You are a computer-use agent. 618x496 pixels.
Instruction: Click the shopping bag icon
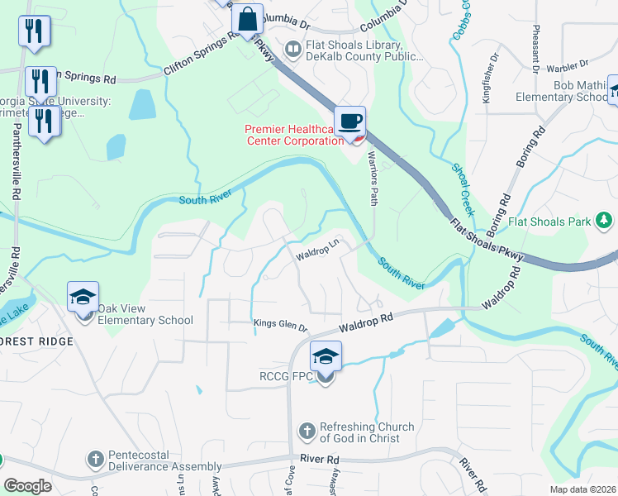[248, 17]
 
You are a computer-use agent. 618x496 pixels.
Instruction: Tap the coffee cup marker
[350, 122]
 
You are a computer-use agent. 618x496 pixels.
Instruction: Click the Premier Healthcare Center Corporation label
[293, 134]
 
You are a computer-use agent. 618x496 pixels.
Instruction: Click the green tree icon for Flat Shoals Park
[605, 220]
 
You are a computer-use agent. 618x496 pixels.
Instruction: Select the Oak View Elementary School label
[145, 314]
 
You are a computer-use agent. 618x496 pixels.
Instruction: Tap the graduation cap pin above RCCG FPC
[326, 357]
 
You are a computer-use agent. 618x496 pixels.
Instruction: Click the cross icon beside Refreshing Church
[307, 431]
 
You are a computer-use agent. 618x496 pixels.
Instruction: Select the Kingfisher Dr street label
[496, 75]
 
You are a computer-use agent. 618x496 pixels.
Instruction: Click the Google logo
[27, 486]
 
